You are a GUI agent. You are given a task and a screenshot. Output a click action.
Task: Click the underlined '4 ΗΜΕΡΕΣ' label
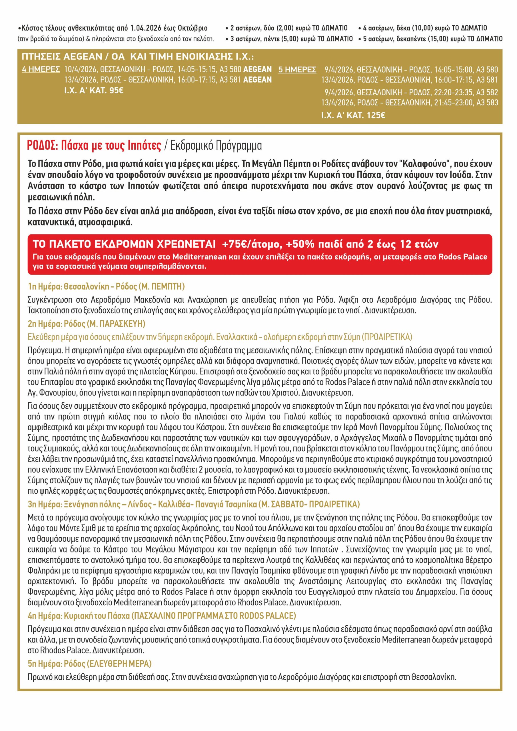41,69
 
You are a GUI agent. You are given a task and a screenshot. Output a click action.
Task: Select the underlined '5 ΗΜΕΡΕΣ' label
297,69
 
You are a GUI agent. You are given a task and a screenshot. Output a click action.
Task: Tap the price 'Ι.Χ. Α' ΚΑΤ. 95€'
94,91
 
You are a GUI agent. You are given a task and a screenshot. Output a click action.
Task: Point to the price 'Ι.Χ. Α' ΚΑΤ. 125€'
353,115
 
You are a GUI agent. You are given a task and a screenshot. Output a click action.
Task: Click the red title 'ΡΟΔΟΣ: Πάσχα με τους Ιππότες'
94,146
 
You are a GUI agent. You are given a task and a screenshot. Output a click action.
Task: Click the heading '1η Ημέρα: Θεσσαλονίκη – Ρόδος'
83,286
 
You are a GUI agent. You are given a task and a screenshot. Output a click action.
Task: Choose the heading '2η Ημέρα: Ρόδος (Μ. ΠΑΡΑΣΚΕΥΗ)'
86,324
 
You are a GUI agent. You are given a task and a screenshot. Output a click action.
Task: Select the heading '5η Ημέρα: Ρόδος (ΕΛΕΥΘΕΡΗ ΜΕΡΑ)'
89,664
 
